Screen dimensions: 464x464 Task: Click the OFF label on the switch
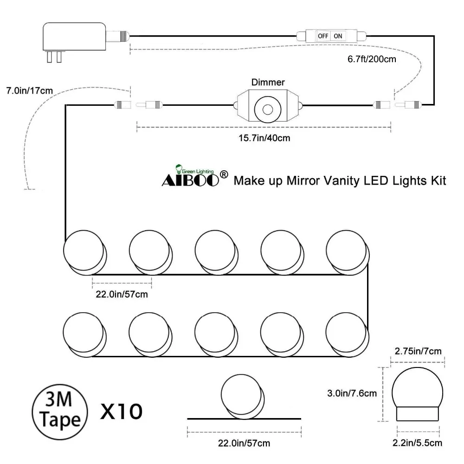point(323,36)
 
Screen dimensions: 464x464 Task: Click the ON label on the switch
point(338,36)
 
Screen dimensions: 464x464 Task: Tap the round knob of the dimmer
point(268,110)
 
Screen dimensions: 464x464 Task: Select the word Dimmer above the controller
point(268,82)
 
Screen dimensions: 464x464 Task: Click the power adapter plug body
point(74,36)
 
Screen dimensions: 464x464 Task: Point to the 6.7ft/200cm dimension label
point(372,59)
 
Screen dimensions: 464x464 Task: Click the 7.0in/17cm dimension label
point(30,90)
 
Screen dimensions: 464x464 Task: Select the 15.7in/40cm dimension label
point(264,138)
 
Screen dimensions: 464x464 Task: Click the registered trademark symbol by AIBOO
point(224,175)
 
